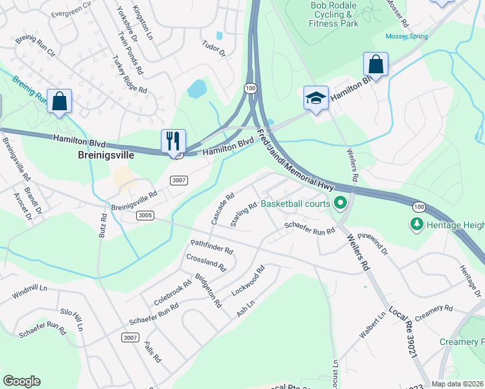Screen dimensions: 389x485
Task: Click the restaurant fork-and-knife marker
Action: click(x=173, y=141)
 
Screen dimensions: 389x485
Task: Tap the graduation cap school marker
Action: click(x=316, y=99)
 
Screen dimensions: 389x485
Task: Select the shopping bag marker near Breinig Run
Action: click(x=59, y=102)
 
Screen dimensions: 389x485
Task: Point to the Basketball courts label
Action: click(x=295, y=204)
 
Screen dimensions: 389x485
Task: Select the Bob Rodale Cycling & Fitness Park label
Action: click(x=335, y=14)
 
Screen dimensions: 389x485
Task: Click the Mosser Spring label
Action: click(x=407, y=36)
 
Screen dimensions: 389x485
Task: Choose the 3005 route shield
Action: click(x=145, y=216)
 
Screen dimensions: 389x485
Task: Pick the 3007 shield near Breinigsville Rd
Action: click(x=179, y=181)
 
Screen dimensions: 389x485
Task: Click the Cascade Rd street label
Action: click(x=222, y=209)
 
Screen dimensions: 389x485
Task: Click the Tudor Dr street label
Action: click(x=213, y=49)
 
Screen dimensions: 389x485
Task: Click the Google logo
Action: click(x=21, y=381)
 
